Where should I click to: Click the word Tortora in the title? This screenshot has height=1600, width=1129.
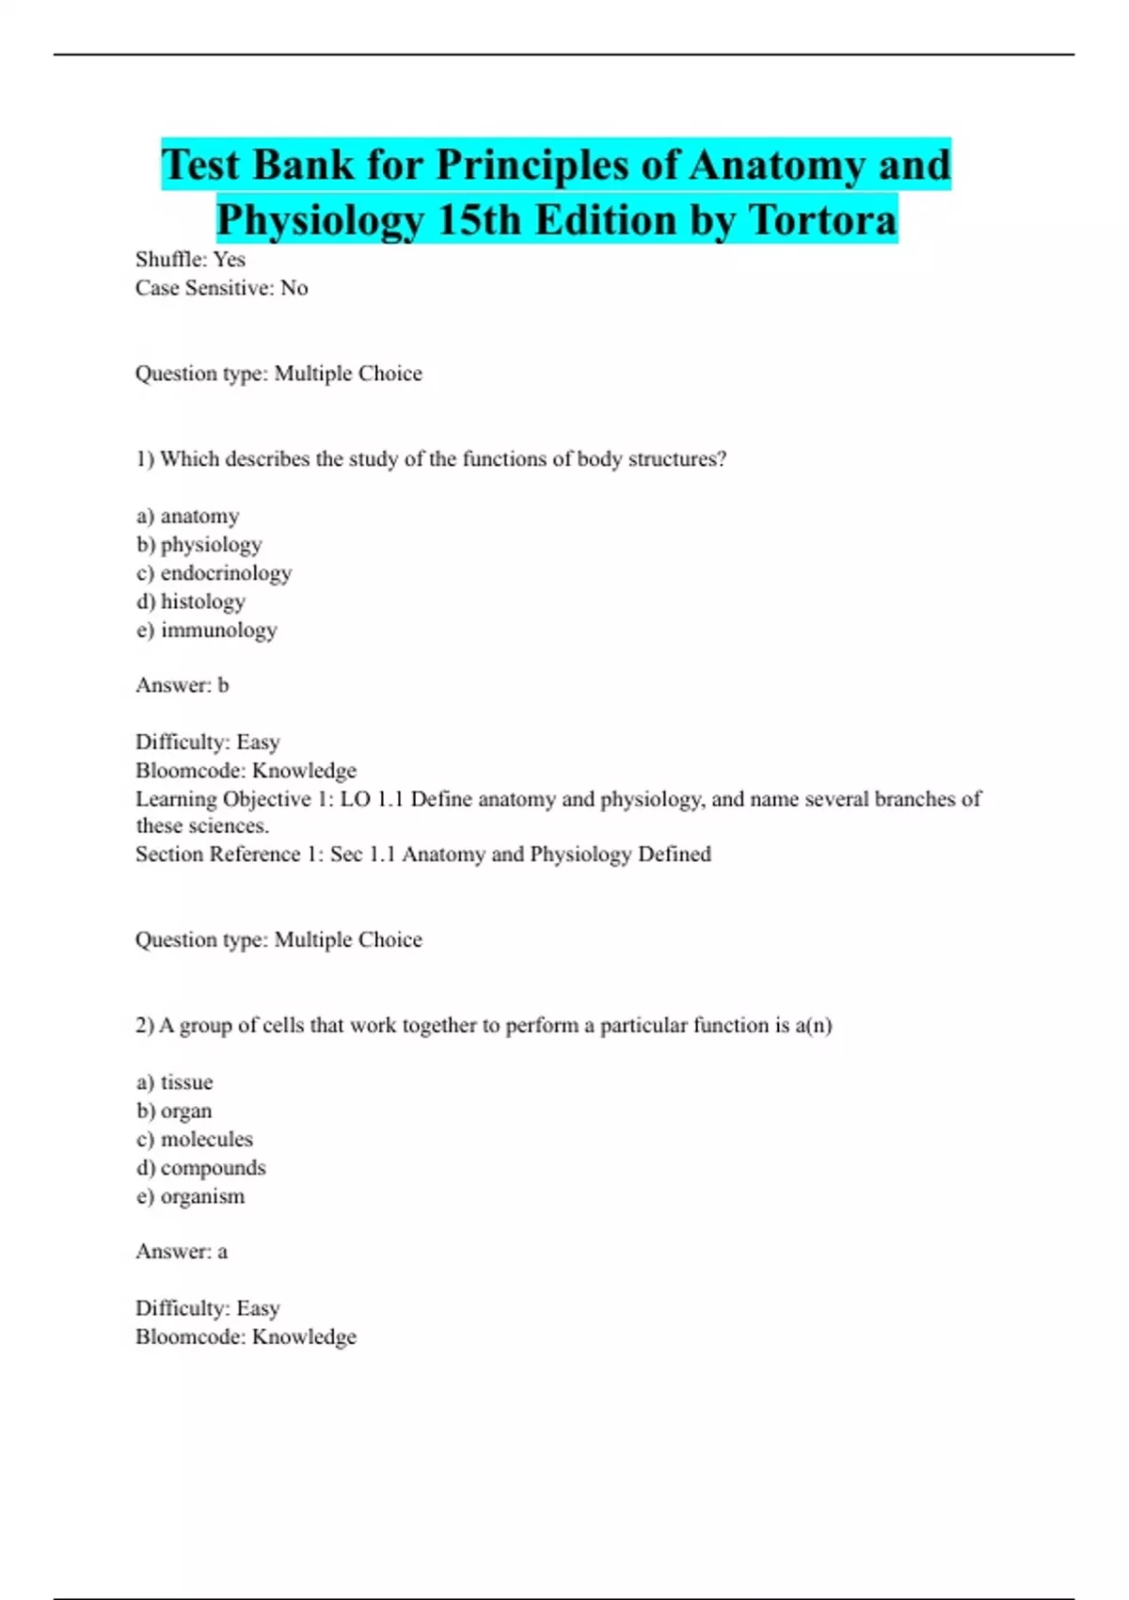823,220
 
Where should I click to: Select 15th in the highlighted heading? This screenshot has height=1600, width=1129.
479,220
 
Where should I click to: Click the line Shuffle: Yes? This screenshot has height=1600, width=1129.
190,259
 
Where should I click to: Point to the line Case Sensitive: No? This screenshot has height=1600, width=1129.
221,288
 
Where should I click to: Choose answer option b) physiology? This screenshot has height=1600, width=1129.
199,544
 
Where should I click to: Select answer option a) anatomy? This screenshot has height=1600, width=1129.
187,516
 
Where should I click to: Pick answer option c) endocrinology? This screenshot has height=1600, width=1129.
214,572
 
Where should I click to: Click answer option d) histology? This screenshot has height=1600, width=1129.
190,600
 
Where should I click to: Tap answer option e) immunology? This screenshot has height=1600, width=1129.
206,630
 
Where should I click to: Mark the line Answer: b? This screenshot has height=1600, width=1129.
182,685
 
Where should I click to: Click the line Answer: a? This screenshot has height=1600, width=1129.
181,1251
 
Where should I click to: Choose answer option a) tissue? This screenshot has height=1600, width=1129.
174,1082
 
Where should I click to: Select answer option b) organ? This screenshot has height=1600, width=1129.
173,1111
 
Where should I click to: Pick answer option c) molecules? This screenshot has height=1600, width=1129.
194,1139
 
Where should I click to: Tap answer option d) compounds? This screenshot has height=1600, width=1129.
200,1167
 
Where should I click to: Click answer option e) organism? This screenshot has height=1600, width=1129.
190,1196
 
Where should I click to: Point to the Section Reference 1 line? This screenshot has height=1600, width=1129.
422,854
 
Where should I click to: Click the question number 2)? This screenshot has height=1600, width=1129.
144,1025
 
